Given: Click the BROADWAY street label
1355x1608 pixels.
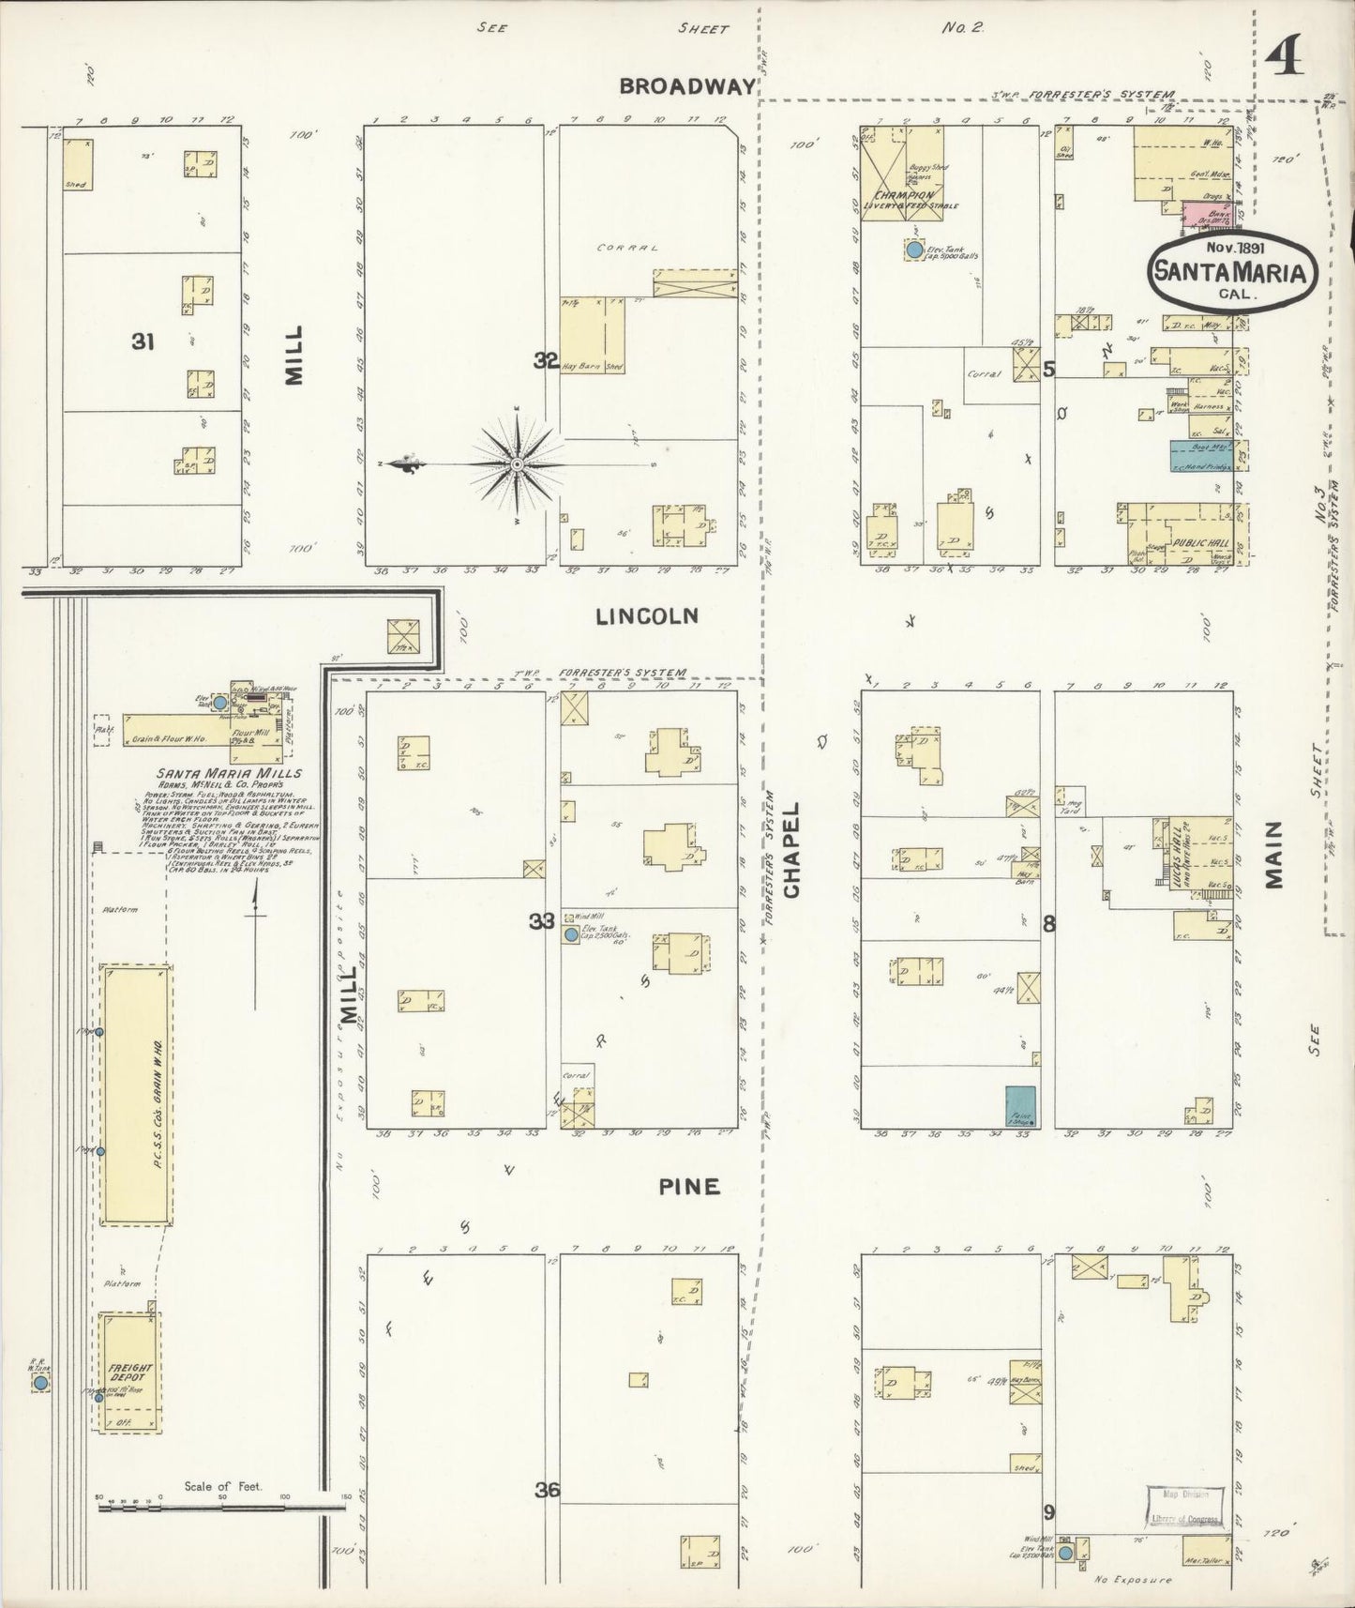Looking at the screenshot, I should click(687, 86).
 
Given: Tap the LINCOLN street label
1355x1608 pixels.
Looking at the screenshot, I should click(647, 616).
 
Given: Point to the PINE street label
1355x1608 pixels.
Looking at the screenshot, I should click(689, 1187).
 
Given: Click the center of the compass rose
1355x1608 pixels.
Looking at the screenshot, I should click(518, 465).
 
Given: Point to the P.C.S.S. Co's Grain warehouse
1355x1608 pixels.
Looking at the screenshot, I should click(137, 1096).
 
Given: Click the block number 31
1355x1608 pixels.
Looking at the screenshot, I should click(143, 342).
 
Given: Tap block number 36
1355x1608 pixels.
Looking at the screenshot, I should click(548, 1489).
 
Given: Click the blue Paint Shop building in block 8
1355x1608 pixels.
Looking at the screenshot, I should click(1020, 1106).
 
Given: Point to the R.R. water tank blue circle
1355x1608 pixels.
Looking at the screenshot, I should click(40, 1383).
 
